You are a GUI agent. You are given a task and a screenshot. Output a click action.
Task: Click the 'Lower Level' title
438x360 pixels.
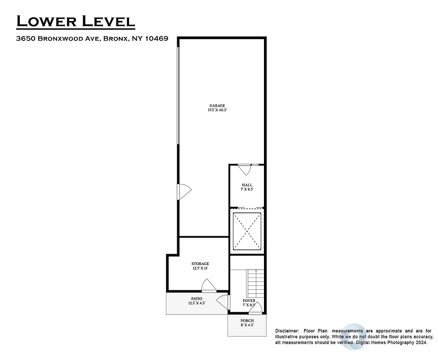pyautogui.click(x=76, y=21)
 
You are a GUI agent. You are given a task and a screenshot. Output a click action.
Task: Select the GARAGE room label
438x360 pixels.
pyautogui.click(x=217, y=106)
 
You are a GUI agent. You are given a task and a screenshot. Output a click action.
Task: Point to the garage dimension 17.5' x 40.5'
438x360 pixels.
pyautogui.click(x=217, y=110)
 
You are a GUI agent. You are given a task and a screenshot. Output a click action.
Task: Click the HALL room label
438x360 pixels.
pyautogui.click(x=247, y=185)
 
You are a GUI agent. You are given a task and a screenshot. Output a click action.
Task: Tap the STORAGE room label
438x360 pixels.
pyautogui.click(x=200, y=264)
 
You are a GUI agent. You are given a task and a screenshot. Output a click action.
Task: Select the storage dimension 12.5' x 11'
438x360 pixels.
pyautogui.click(x=200, y=268)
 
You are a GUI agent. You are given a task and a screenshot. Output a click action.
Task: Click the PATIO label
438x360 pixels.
pyautogui.click(x=197, y=299)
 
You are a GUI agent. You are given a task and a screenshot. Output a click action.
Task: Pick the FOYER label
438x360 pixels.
pyautogui.click(x=249, y=301)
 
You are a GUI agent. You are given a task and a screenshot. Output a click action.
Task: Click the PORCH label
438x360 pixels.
pyautogui.click(x=247, y=320)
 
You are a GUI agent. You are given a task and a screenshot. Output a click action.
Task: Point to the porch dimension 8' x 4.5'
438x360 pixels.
pyautogui.click(x=247, y=325)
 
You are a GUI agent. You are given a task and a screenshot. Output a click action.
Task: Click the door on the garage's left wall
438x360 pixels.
pyautogui.click(x=184, y=191)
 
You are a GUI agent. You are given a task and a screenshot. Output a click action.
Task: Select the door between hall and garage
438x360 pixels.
pyautogui.click(x=244, y=170)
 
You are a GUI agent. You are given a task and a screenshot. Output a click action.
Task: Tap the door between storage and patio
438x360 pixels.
pyautogui.click(x=208, y=286)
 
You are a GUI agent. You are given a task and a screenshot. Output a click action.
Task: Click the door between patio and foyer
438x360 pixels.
pyautogui.click(x=223, y=302)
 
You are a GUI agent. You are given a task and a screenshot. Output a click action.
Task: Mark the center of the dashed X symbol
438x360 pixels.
pyautogui.click(x=247, y=230)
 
